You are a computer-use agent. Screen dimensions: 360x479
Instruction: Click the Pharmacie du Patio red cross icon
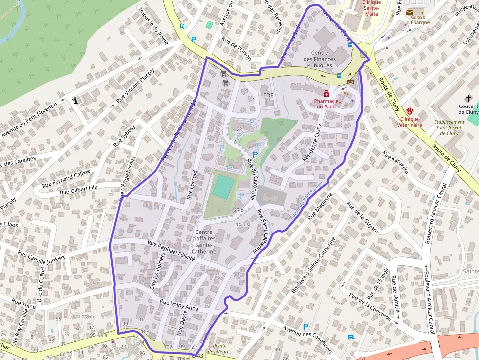[x=326, y=93]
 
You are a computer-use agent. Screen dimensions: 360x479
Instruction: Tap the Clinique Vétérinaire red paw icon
[x=409, y=111]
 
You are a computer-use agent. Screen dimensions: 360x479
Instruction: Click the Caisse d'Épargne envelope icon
[x=409, y=12]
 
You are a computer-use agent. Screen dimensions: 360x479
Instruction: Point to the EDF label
[x=268, y=95]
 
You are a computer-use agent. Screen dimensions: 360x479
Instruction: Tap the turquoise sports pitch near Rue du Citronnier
[x=223, y=187]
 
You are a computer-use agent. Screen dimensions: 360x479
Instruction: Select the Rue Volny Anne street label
[x=179, y=305]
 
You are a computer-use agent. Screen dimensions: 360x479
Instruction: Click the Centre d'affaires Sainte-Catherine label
[x=205, y=241]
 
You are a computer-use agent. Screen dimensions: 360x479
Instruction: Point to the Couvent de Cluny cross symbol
[x=469, y=98]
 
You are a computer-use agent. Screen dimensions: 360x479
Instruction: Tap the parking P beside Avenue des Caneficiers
[x=306, y=326]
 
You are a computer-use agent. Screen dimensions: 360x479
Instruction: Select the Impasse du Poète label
[x=153, y=25]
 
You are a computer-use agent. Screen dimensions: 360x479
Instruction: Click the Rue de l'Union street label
[x=237, y=49]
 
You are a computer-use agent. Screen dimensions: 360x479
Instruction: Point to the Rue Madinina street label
[x=320, y=205]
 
